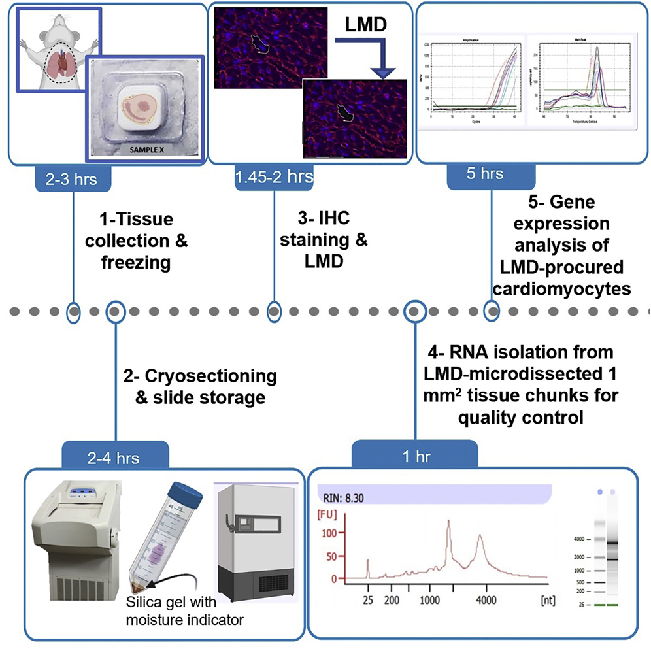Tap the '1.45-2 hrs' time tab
coord(275,176)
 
